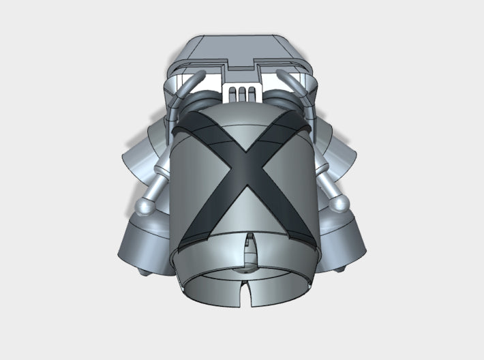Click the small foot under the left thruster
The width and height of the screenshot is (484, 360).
coord(144,273)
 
